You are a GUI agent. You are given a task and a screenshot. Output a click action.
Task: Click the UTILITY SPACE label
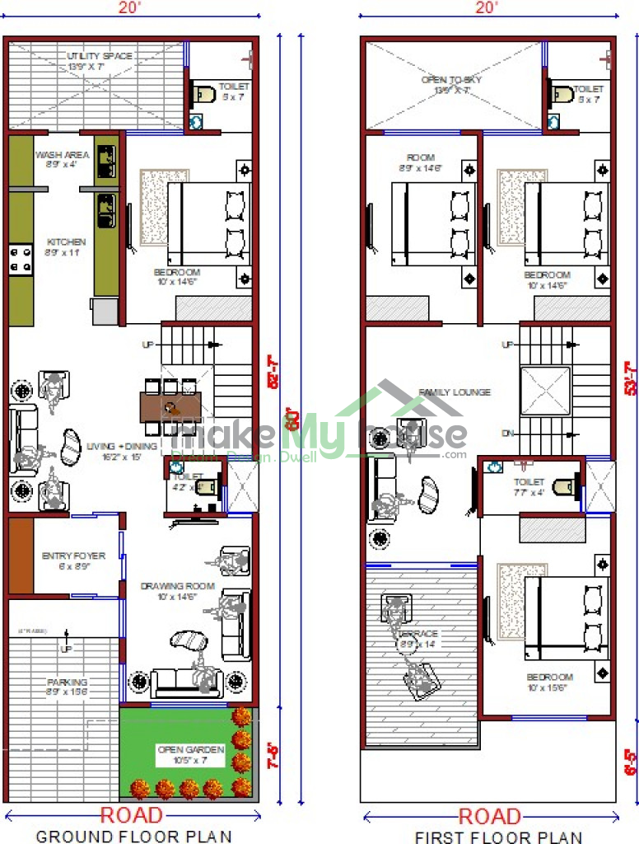(100, 56)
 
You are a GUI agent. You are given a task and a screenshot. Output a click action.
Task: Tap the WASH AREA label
(56, 155)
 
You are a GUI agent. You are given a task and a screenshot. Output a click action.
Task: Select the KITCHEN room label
(66, 242)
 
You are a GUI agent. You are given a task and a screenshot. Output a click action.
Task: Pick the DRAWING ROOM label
(177, 587)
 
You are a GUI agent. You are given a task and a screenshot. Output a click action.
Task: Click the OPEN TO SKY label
(451, 80)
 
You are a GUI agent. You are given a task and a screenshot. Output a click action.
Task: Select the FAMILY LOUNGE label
(455, 392)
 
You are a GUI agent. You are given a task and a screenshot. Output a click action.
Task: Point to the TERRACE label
(418, 633)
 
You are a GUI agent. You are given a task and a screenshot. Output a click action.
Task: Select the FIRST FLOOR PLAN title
(498, 836)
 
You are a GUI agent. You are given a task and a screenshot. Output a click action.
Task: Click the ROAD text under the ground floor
(132, 816)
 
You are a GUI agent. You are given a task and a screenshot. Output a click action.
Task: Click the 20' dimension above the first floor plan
(487, 8)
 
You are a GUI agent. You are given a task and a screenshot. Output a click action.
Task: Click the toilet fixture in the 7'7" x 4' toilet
(563, 487)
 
